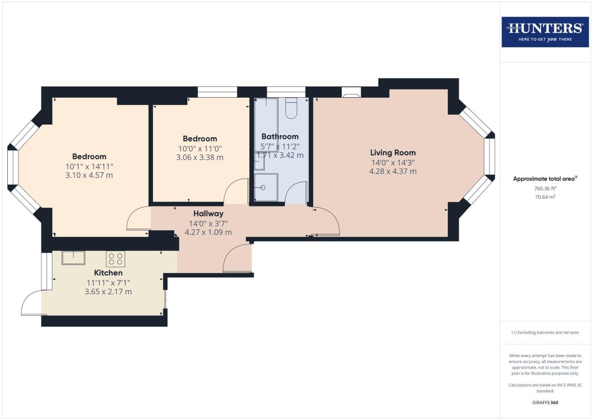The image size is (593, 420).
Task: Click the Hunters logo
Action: [x=545, y=32]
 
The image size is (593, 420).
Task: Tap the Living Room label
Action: [x=393, y=153]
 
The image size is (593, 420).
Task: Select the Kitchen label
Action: [x=108, y=273]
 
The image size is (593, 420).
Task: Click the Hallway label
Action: [x=208, y=214]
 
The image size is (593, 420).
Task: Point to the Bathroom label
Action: [x=280, y=136]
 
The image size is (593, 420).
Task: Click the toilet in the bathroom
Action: [x=291, y=108]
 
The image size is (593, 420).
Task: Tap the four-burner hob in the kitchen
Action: [x=115, y=259]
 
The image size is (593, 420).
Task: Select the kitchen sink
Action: [x=73, y=258]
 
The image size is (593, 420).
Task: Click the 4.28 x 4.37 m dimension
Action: [x=393, y=171]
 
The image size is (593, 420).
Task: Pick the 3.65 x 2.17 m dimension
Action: [x=108, y=292]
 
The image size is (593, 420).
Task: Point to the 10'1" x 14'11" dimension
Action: [x=89, y=166]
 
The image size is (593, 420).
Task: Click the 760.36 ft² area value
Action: [x=545, y=189]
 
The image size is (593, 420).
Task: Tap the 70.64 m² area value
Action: [x=545, y=197]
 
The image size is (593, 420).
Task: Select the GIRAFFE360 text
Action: [x=545, y=402]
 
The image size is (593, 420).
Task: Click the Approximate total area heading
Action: [x=545, y=179]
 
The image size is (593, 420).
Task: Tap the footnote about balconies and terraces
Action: [x=545, y=332]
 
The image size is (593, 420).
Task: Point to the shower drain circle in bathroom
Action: [x=263, y=187]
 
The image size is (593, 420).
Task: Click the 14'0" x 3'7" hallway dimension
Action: [x=208, y=224]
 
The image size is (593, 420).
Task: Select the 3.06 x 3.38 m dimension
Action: [x=200, y=157]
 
